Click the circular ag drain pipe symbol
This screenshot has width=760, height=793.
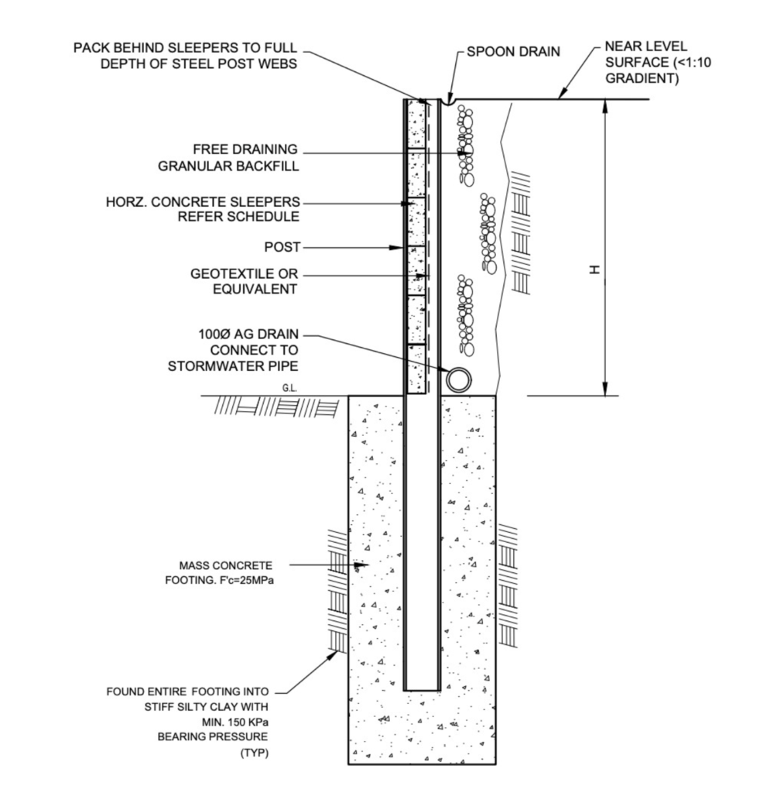pos(458,379)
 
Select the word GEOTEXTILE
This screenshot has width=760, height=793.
pos(230,274)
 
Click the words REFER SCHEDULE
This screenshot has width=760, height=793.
pos(238,217)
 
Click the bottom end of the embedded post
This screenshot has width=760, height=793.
pos(423,687)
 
